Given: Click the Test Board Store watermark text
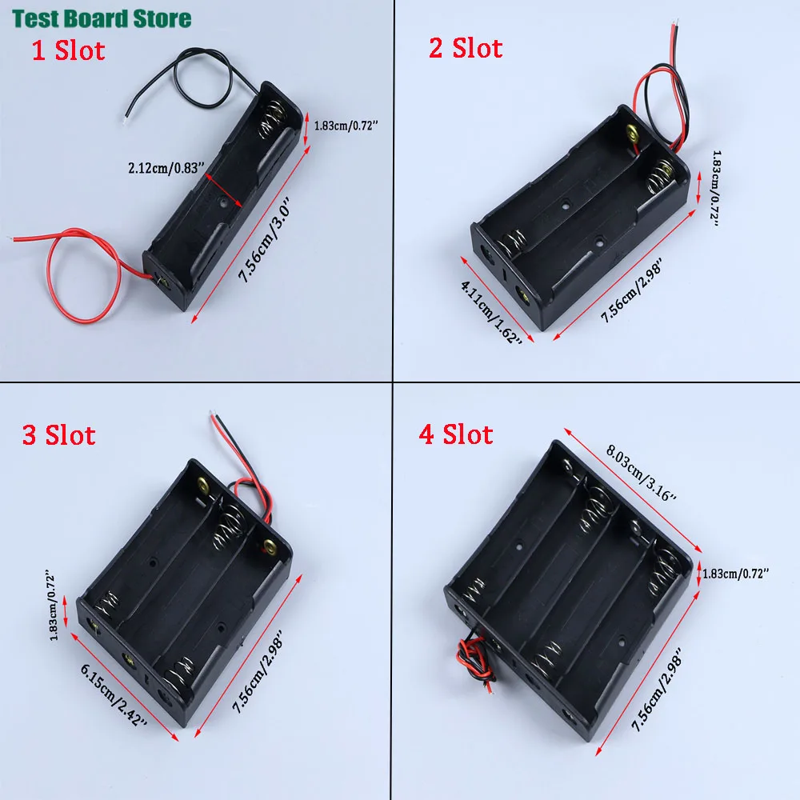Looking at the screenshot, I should tap(100, 18).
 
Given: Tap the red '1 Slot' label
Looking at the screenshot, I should tap(68, 51).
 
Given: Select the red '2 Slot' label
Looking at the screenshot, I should tap(466, 48).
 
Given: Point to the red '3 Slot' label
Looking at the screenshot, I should tap(58, 435).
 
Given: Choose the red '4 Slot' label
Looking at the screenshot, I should tap(456, 434).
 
